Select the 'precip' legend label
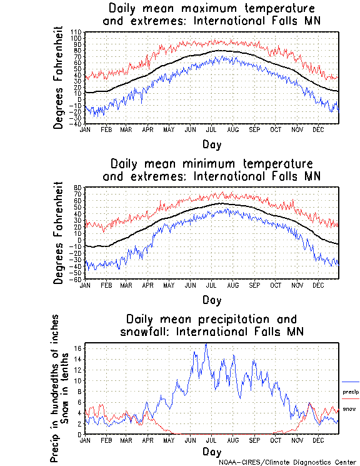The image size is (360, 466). pyautogui.click(x=351, y=392)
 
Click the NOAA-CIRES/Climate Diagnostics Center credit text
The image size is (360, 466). pyautogui.click(x=287, y=462)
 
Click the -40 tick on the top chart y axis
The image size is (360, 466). pyautogui.click(x=76, y=123)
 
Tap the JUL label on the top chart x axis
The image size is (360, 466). pyautogui.click(x=211, y=129)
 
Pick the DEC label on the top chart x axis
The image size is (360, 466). pyautogui.click(x=317, y=129)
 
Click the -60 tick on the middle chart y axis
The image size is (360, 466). pyautogui.click(x=76, y=279)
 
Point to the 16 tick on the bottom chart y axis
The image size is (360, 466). pyautogui.click(x=78, y=348)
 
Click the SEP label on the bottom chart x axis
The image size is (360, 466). pyautogui.click(x=254, y=440)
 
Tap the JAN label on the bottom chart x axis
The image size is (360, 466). pyautogui.click(x=85, y=440)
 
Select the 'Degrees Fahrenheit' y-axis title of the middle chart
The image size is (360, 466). pyautogui.click(x=59, y=233)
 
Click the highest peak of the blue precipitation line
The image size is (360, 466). pyautogui.click(x=206, y=344)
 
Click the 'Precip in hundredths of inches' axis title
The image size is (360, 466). pyautogui.click(x=55, y=388)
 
